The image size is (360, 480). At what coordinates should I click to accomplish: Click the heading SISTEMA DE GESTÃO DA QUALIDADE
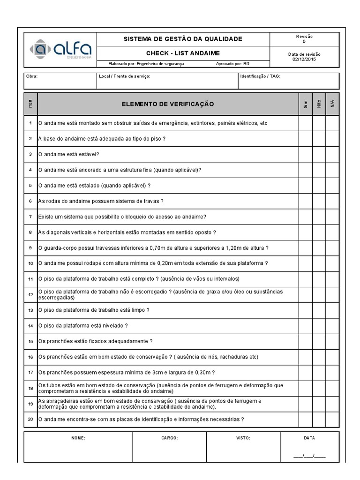[183, 39]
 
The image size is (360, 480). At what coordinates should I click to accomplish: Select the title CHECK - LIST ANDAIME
[183, 53]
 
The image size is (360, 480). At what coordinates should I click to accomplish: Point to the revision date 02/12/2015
[304, 59]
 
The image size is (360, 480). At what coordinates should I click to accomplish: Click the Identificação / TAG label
[260, 76]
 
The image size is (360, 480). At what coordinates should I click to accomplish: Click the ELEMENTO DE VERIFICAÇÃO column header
[167, 104]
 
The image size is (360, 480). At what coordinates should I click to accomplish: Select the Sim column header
[305, 104]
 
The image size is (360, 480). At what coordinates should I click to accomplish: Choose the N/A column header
[332, 104]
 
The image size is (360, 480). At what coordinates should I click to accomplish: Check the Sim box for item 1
[305, 123]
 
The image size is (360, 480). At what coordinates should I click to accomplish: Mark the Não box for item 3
[319, 154]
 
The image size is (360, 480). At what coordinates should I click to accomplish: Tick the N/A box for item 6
[332, 201]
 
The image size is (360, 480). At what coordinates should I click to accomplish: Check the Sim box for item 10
[305, 263]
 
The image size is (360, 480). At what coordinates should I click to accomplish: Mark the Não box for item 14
[319, 325]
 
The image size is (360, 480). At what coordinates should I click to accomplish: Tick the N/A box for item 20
[332, 419]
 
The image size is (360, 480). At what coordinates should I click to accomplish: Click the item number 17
[30, 373]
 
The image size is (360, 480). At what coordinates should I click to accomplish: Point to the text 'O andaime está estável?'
[69, 154]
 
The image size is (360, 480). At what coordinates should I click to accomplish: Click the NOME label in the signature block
[78, 438]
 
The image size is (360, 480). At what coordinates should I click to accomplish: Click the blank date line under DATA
[309, 455]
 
